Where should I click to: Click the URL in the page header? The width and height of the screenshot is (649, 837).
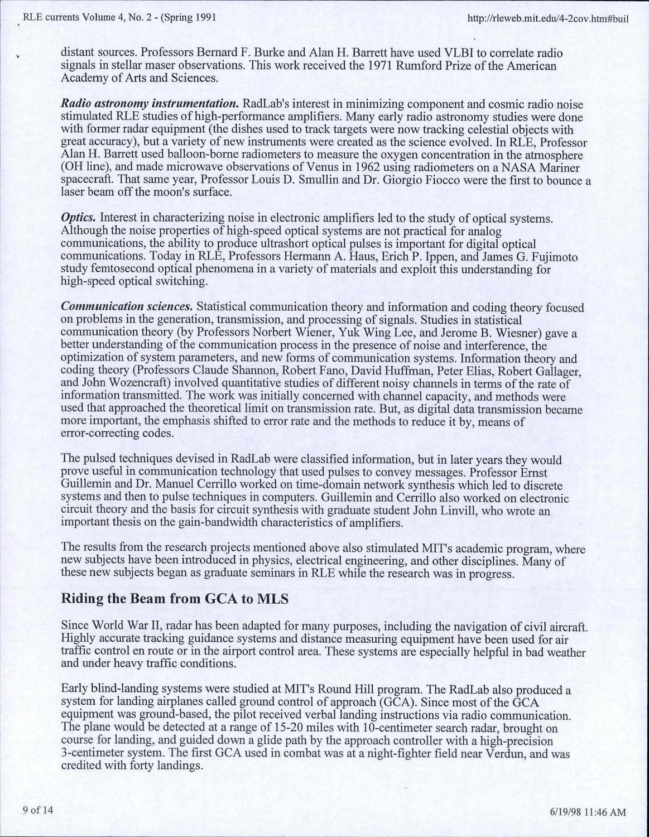pyautogui.click(x=550, y=18)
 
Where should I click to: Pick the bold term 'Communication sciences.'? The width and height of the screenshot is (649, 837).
pyautogui.click(x=127, y=307)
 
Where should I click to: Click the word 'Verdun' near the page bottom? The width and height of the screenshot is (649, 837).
pyautogui.click(x=506, y=754)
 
